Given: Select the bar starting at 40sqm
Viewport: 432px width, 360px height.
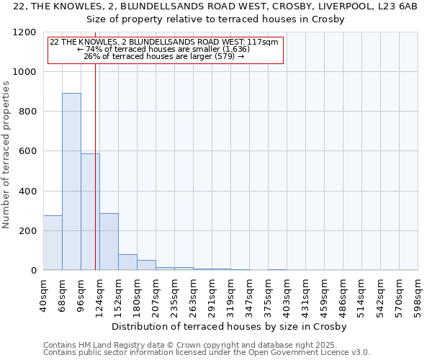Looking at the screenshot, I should tap(53, 243).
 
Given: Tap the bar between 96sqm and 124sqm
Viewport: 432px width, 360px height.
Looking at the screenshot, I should tap(90, 212).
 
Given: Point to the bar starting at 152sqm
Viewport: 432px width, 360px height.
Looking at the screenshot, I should tap(127, 262).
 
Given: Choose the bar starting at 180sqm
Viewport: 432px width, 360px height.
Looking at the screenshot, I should tap(146, 265).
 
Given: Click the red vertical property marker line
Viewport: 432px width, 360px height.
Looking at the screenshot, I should tap(95, 180).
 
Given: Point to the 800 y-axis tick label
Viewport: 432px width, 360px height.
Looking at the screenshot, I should tap(27, 112).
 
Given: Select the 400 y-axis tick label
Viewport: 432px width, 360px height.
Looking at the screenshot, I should tap(27, 192).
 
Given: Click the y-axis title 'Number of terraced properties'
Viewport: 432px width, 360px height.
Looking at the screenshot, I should tap(6, 155).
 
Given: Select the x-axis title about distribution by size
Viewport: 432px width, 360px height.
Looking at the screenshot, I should tap(230, 327).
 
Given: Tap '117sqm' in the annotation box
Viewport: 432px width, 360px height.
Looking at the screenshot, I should tap(263, 42).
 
